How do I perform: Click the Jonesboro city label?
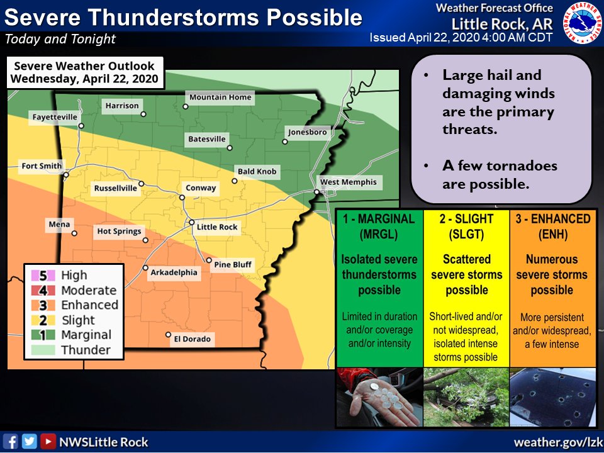coord(307,132)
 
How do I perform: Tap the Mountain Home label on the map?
coord(220,97)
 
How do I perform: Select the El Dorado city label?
coord(193,339)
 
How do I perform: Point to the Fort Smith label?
coord(42,167)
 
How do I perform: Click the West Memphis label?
coord(349,182)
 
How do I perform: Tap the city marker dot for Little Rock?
coord(193,223)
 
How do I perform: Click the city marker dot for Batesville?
coord(230,148)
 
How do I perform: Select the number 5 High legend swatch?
coord(34,276)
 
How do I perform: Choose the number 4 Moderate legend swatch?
coord(34,291)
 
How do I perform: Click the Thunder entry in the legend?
coord(85,350)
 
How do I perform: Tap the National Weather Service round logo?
coord(581,23)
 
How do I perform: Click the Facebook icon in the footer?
coord(11,441)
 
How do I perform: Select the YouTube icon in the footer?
coord(47,441)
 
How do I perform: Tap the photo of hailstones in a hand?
coord(379,397)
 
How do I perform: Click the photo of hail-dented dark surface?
coord(552,397)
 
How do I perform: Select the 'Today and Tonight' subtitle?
coord(60,39)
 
